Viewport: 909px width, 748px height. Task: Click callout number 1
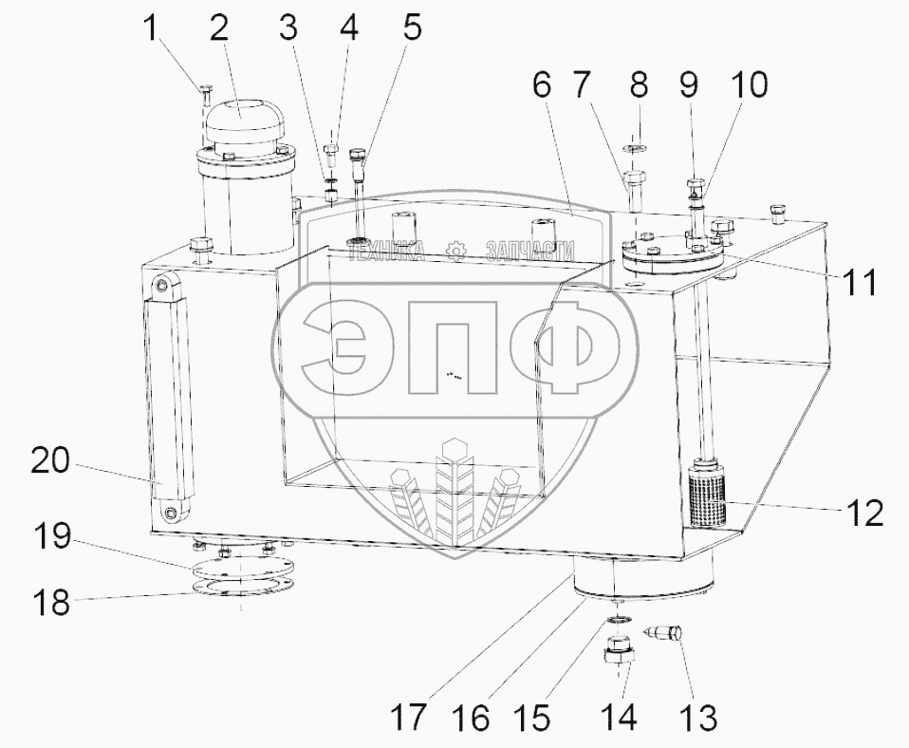click(x=150, y=28)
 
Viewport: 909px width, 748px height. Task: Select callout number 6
click(x=542, y=86)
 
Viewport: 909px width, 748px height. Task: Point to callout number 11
click(x=860, y=283)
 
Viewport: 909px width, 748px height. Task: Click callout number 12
click(x=865, y=513)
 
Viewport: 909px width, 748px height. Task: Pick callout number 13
click(x=698, y=717)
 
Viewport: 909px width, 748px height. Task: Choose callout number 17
click(x=408, y=718)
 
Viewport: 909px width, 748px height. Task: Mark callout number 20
click(x=50, y=462)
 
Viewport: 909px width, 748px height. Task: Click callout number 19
click(x=52, y=537)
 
